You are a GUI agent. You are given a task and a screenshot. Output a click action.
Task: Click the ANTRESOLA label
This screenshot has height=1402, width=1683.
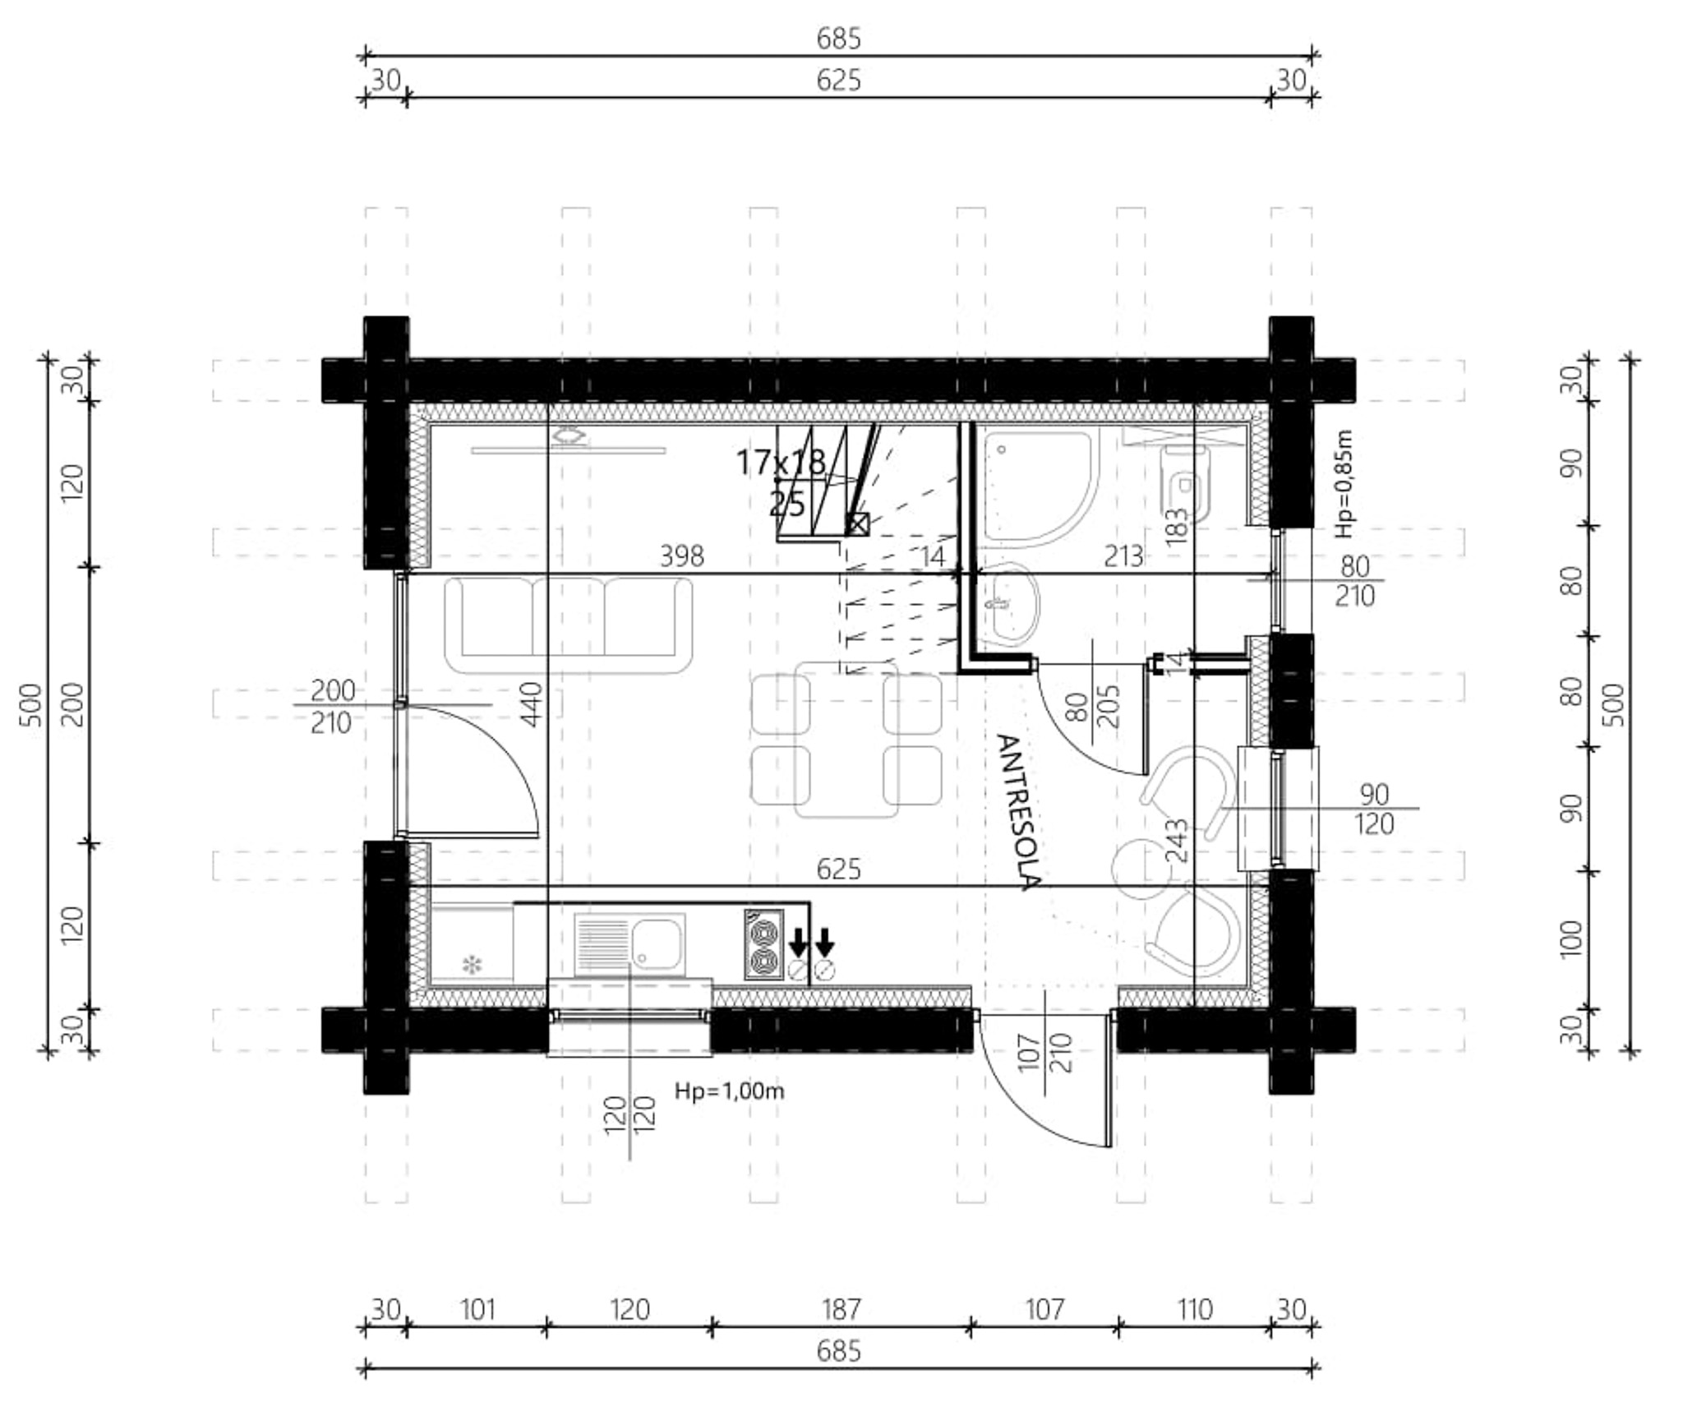(1019, 812)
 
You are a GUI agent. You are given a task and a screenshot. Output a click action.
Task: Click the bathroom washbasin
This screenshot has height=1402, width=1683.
(1007, 604)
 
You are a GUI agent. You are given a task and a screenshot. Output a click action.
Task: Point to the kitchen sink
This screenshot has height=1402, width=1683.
(630, 944)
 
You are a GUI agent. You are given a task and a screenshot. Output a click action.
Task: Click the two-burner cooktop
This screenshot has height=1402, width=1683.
(764, 944)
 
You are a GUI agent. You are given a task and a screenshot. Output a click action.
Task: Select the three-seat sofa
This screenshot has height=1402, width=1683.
(568, 625)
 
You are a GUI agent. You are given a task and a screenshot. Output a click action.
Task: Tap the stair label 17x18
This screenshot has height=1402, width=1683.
(781, 463)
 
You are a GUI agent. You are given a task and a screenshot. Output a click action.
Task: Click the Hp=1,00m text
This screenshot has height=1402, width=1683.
(730, 1091)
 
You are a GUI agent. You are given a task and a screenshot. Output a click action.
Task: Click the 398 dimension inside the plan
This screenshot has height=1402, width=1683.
(682, 557)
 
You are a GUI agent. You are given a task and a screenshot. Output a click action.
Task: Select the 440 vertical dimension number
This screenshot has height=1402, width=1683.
(531, 704)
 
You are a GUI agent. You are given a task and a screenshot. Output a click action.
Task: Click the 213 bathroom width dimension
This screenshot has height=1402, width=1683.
(1123, 557)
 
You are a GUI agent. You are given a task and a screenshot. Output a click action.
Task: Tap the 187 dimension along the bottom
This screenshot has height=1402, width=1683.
(841, 1310)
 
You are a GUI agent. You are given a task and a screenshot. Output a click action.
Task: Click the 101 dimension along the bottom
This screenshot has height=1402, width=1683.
(477, 1310)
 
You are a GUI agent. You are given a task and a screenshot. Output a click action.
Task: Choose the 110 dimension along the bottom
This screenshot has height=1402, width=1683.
(1194, 1310)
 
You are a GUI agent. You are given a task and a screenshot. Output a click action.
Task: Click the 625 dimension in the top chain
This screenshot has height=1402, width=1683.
(839, 81)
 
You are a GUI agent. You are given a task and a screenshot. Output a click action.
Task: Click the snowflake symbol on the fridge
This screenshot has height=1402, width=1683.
(472, 965)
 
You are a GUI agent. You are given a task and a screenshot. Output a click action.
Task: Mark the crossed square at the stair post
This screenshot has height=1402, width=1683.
(858, 523)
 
